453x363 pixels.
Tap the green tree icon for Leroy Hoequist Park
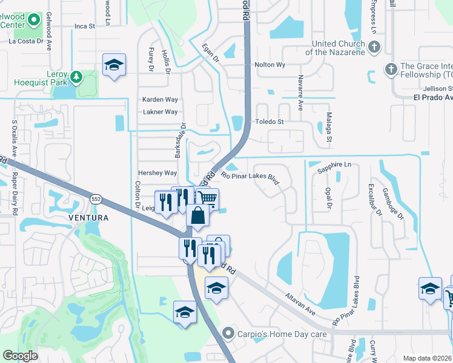point(76,77)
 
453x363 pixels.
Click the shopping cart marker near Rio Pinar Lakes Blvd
point(207,198)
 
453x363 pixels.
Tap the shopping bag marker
point(199,214)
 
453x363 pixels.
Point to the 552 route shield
point(96,198)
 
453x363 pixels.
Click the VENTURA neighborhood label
point(88,218)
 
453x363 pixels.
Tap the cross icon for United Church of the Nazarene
point(374,47)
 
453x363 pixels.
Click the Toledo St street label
point(269,122)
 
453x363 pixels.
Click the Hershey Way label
point(157,172)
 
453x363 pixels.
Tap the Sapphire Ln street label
point(335,165)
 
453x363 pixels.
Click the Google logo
point(20,355)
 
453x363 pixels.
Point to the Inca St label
point(85,26)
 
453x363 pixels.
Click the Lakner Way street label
point(160,112)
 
